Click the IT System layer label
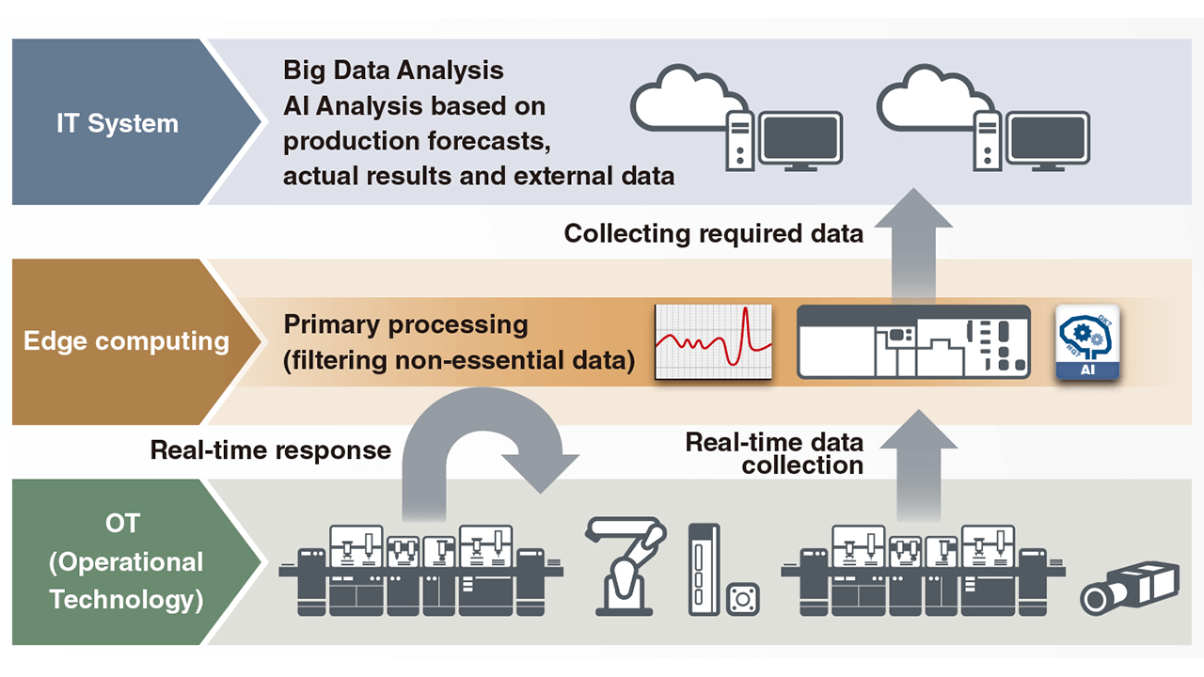coord(118,123)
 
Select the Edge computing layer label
coord(126,340)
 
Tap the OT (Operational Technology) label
coord(126,561)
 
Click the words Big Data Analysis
coord(393,71)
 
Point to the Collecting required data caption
coord(713,233)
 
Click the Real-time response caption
coord(271,450)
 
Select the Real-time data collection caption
coord(774,452)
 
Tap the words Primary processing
coord(405,325)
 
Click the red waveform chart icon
coord(713,341)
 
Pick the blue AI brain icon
coord(1087,341)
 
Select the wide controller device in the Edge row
coord(912,341)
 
